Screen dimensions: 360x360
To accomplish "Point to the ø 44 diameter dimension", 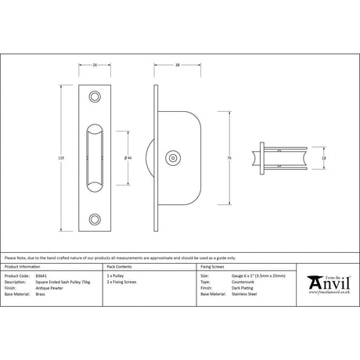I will pyautogui.click(x=128, y=158).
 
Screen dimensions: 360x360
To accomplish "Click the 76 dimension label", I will pyautogui.click(x=229, y=157).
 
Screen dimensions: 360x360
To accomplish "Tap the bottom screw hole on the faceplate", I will pyautogui.click(x=95, y=220).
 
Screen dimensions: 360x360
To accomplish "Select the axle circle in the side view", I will pyautogui.click(x=172, y=157).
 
